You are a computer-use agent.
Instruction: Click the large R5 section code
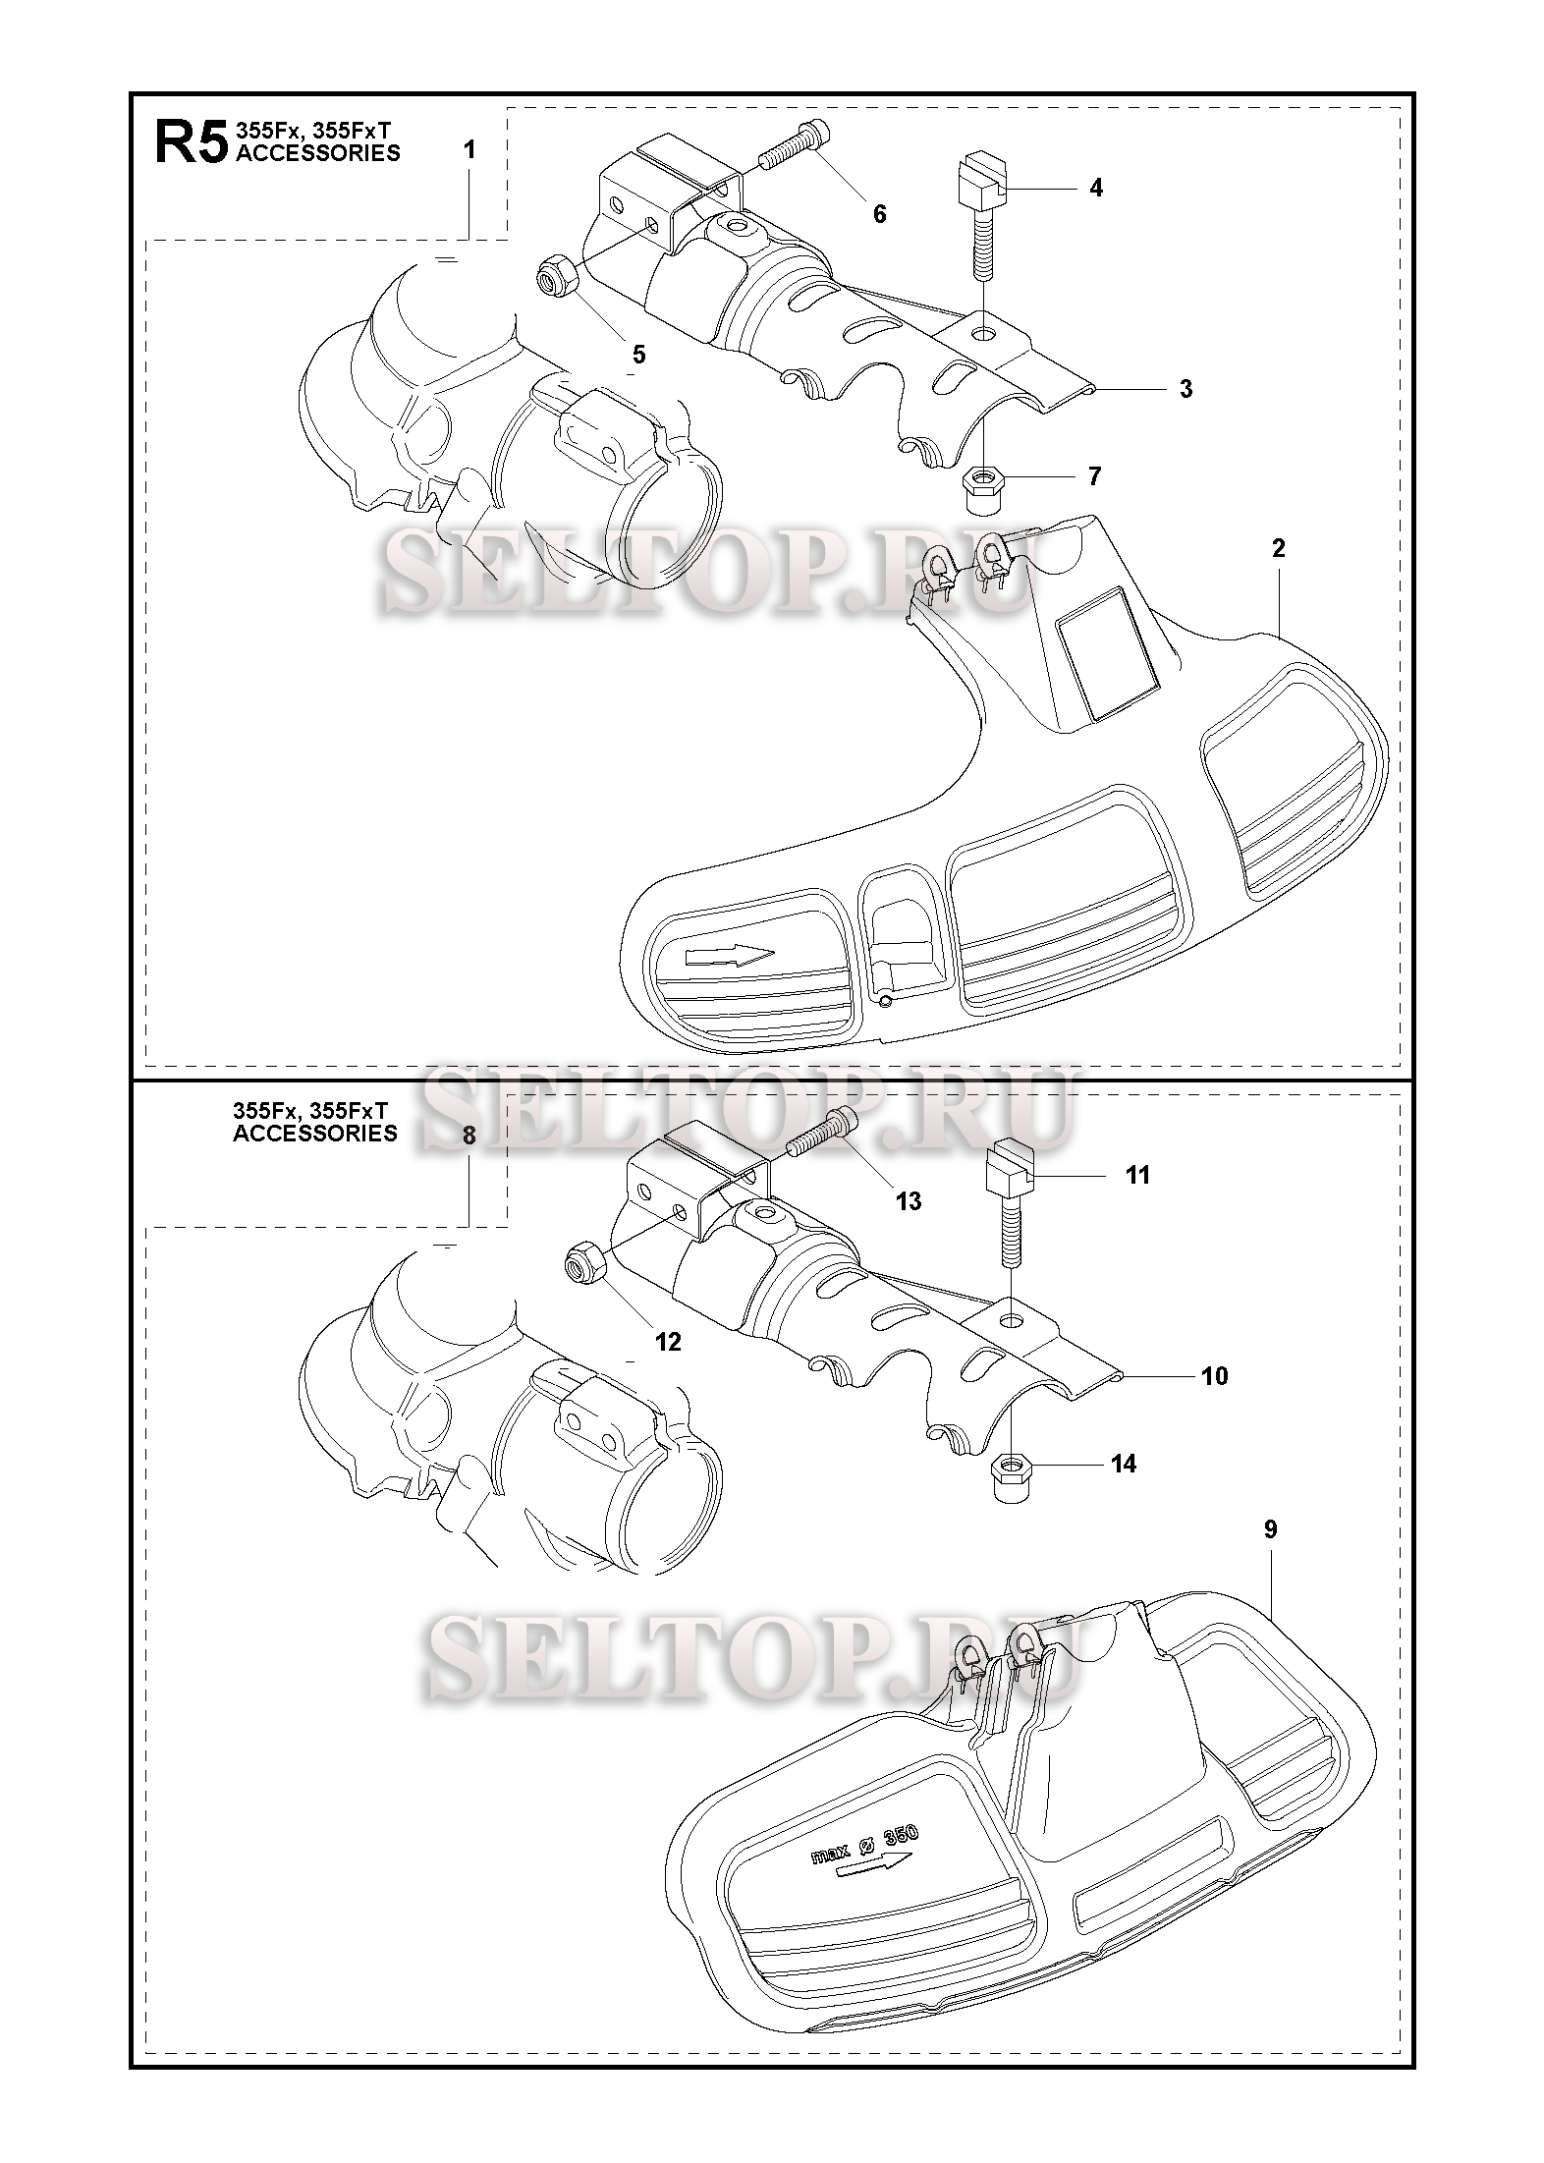point(191,143)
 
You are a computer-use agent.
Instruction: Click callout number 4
point(1096,188)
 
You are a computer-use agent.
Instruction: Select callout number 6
point(879,213)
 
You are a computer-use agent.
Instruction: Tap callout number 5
point(638,355)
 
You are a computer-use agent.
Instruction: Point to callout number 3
point(1186,389)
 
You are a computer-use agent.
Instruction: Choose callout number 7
point(1094,477)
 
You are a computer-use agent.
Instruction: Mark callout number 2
point(1278,548)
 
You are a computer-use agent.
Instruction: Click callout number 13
point(909,1200)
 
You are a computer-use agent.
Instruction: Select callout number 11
point(1137,1175)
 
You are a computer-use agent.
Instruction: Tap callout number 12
point(668,1342)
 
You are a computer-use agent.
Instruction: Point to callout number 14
point(1123,1491)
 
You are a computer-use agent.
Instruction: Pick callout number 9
point(1270,1529)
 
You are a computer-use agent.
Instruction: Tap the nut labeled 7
point(981,488)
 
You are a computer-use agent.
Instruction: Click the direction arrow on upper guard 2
point(729,955)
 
